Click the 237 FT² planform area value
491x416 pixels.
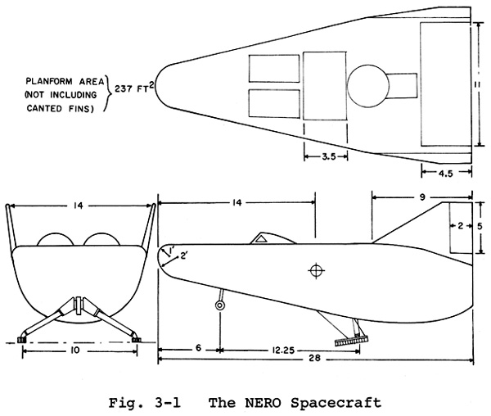[x=134, y=88]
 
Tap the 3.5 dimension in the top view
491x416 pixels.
[x=329, y=156]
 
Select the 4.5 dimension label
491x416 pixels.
[x=446, y=174]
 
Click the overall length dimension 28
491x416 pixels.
[x=314, y=358]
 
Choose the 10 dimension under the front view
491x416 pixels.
[x=76, y=350]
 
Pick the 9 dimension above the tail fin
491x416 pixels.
[x=422, y=197]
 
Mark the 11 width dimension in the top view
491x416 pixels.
[x=478, y=84]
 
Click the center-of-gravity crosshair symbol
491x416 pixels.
[x=316, y=271]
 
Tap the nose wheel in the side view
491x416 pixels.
[x=220, y=305]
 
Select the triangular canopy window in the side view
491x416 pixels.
[x=262, y=239]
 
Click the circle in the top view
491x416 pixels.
[x=368, y=86]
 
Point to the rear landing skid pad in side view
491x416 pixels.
[x=351, y=341]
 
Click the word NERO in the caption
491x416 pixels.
[x=263, y=402]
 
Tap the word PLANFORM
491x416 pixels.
[x=49, y=81]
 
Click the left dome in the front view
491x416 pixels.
[x=56, y=239]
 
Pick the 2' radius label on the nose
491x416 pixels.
[x=184, y=256]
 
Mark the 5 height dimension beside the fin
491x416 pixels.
[x=480, y=226]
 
